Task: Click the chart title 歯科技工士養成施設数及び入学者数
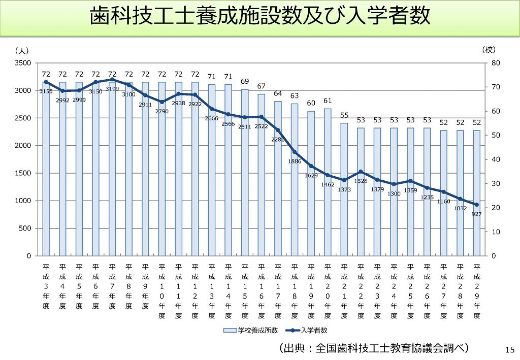point(260,16)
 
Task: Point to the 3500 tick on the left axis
point(25,63)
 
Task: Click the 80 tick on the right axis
point(496,63)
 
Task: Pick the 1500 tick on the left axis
point(25,173)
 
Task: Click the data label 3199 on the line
point(112,88)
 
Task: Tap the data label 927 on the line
point(476,214)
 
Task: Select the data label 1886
point(295,161)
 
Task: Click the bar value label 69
point(245,81)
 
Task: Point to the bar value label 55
point(344,115)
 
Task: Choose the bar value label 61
point(328,101)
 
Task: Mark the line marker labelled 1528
point(361,172)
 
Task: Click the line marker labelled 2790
point(162,102)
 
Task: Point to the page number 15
point(509,349)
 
